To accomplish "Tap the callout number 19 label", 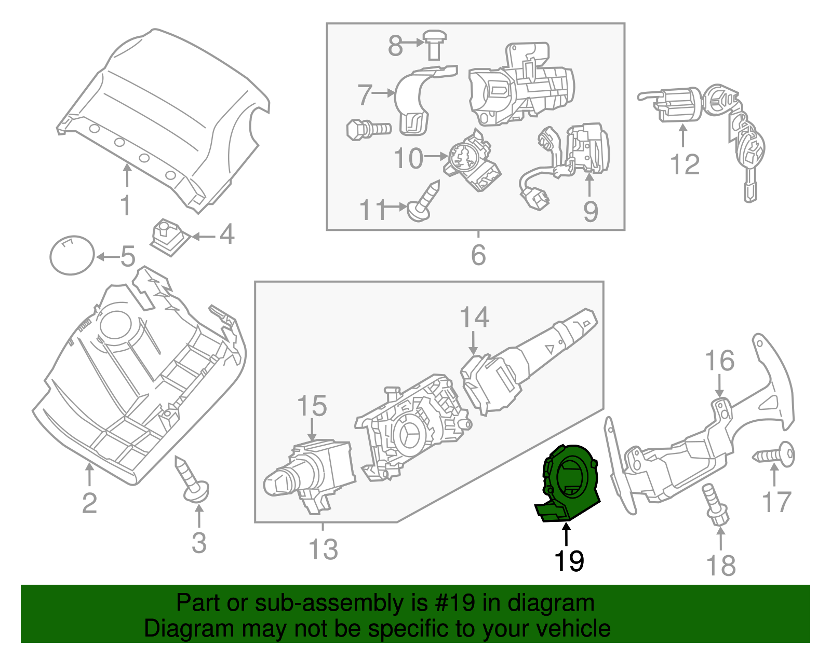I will coord(569,561).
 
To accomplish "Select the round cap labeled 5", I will coord(72,255).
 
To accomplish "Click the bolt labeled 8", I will coord(435,44).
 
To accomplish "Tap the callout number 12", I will coord(685,164).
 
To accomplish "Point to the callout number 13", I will coord(323,549).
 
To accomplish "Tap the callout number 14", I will coord(474,318).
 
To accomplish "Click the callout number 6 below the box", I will coord(478,255).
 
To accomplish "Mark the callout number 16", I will coord(719,361).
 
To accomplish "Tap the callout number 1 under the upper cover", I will coord(126,205).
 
